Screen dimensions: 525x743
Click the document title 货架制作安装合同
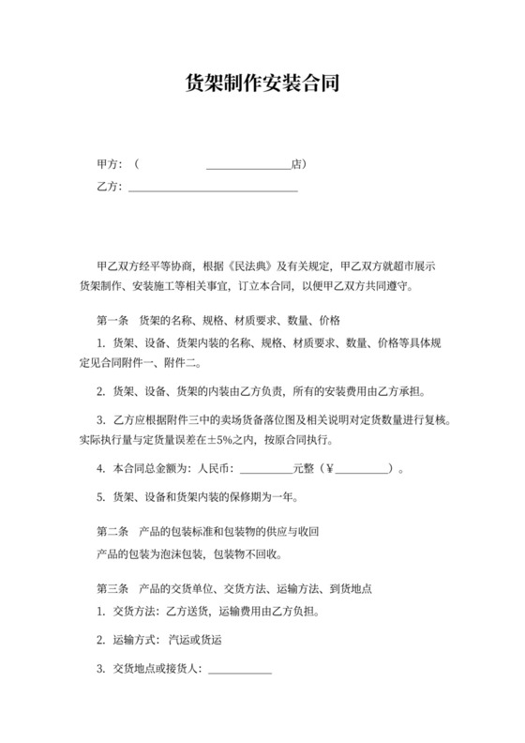[x=262, y=83]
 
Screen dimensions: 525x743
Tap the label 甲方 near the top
[x=108, y=164]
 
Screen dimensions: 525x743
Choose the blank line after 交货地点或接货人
[x=239, y=671]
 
